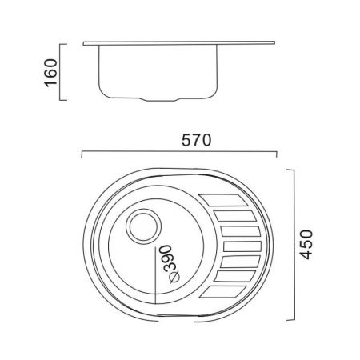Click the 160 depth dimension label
50,73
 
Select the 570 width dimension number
196,140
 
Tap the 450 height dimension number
306,244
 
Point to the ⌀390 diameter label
170,264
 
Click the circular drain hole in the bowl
143,226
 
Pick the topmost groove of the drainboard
223,200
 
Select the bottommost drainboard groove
222,292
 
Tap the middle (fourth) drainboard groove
242,246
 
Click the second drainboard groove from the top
235,216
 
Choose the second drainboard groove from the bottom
234,276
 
